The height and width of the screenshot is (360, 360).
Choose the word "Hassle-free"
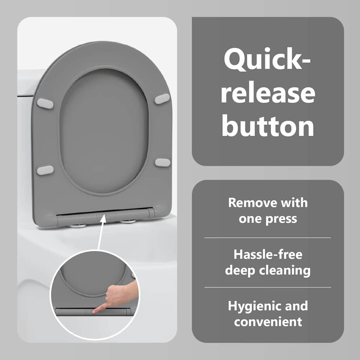(268, 255)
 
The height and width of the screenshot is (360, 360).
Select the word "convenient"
(268, 322)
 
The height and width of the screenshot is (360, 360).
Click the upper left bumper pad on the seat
(45, 103)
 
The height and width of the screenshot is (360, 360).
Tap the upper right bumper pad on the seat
(162, 99)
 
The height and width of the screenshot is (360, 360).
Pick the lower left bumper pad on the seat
(45, 170)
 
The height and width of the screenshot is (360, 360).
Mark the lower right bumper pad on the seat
(162, 162)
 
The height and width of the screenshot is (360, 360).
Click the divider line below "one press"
(268, 238)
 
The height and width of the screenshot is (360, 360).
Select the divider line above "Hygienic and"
(268, 287)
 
